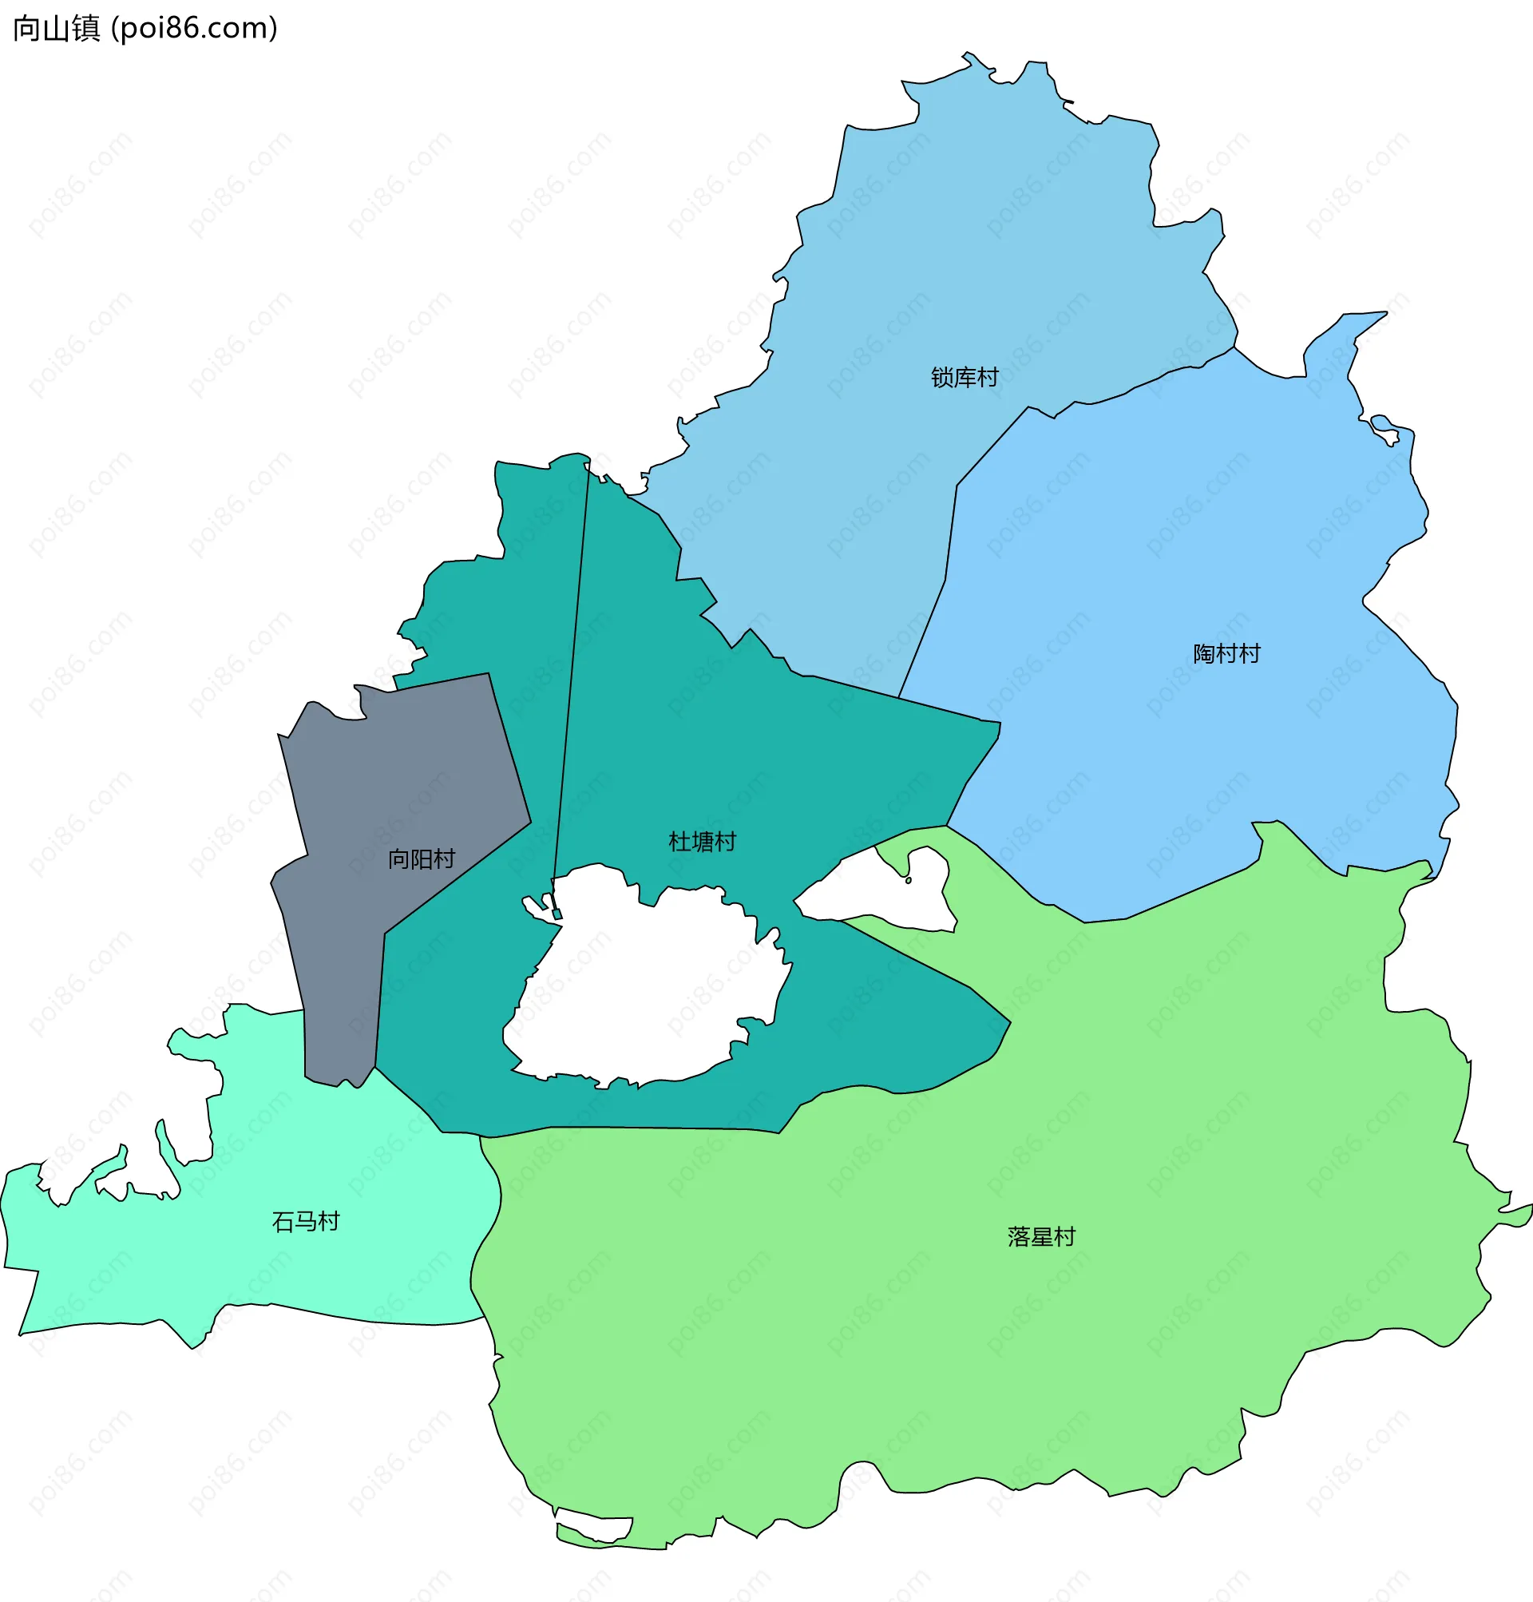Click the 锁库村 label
click(965, 378)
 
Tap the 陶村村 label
click(1226, 654)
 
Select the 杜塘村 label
click(702, 842)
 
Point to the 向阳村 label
click(421, 859)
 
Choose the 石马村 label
click(306, 1222)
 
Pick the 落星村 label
click(1041, 1237)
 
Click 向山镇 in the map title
click(56, 29)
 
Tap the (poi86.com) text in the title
click(195, 29)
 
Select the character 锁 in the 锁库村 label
click(942, 378)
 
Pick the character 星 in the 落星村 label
click(1041, 1237)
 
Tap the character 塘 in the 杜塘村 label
click(702, 842)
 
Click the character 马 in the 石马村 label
click(306, 1222)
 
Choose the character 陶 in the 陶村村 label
click(1205, 654)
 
